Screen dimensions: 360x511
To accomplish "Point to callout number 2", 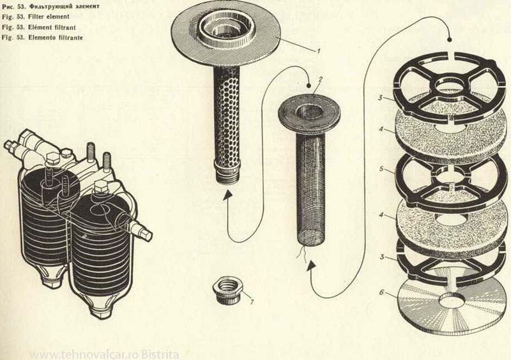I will (x=311, y=79).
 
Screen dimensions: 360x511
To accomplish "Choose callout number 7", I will (x=252, y=300).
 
